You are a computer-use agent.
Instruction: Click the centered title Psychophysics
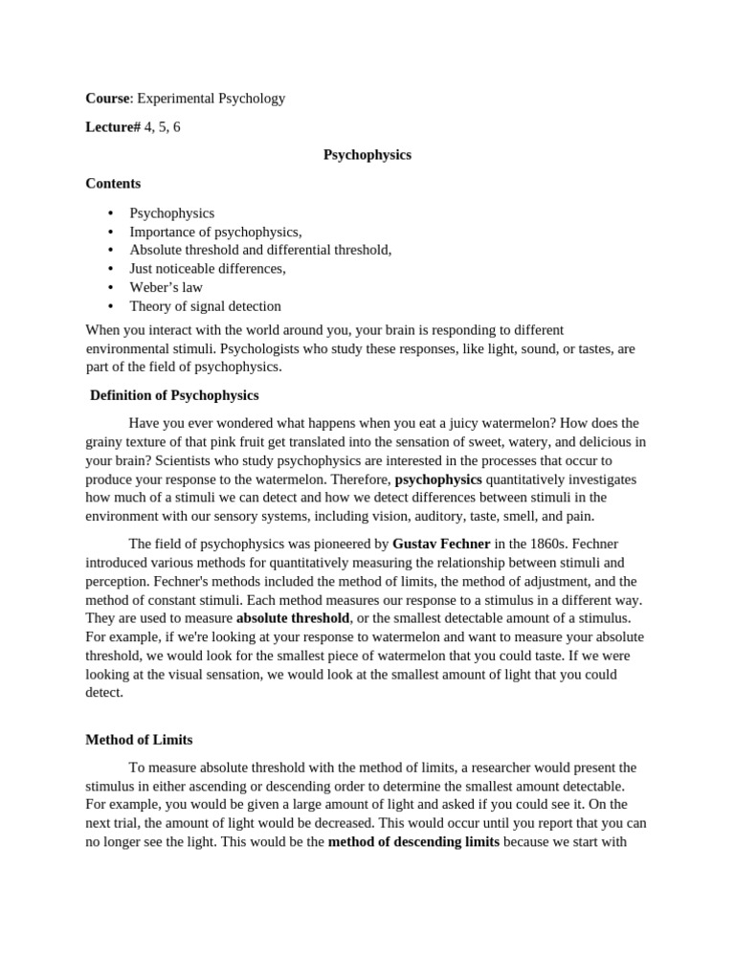pos(367,154)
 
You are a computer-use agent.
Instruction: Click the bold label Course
pos(107,98)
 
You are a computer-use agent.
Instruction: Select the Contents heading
pos(113,183)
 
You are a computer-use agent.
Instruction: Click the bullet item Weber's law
pos(167,287)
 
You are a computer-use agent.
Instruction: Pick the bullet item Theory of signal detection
pos(206,306)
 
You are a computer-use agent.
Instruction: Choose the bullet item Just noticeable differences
pos(208,269)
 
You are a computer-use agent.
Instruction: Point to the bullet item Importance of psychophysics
pos(215,232)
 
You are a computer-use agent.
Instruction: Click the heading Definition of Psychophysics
pos(174,394)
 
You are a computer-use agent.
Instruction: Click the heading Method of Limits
pos(140,740)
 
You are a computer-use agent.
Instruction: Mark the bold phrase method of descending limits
pos(413,842)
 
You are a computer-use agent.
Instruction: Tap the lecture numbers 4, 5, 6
pos(163,126)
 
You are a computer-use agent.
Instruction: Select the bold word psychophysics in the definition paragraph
pos(438,479)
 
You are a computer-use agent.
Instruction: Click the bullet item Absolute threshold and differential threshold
pos(260,250)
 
